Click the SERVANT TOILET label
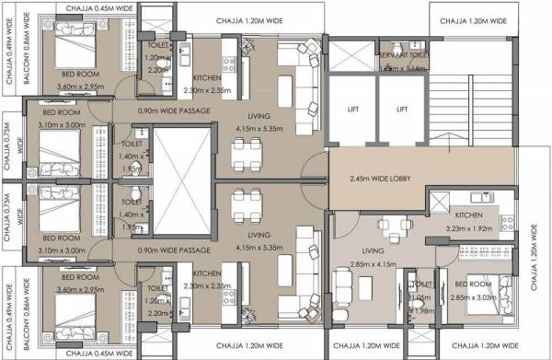click(x=402, y=56)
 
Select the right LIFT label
click(x=400, y=108)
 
